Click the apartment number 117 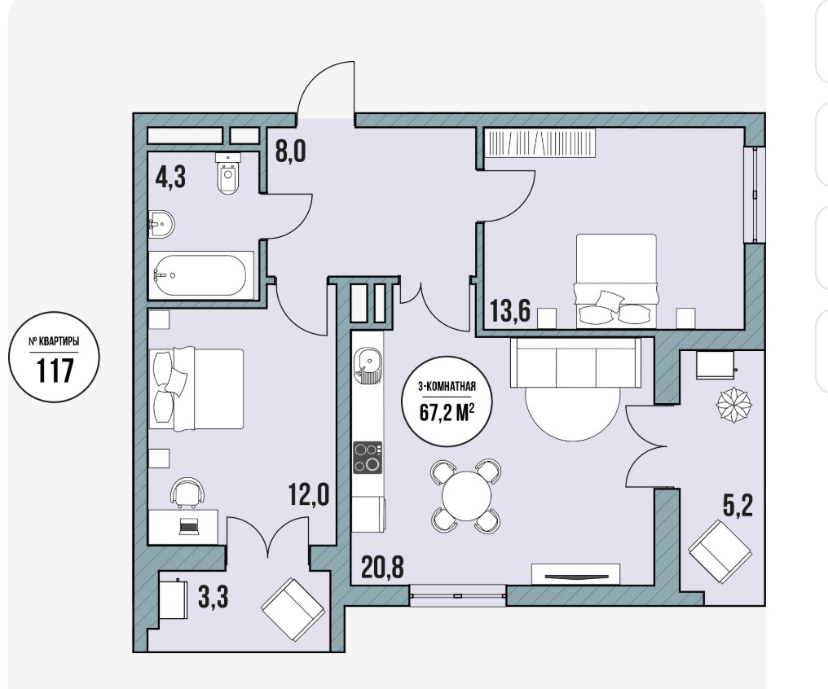click(x=55, y=370)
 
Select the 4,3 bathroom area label click(x=170, y=177)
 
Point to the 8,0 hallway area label click(x=290, y=151)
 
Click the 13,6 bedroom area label click(x=510, y=310)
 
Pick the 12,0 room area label click(x=309, y=495)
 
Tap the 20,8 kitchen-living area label click(x=383, y=567)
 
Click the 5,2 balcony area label click(x=738, y=507)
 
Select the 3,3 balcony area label click(x=213, y=597)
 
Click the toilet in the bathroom click(x=228, y=173)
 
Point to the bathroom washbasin click(x=161, y=224)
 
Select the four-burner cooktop click(x=368, y=458)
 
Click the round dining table click(x=466, y=496)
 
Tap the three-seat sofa click(x=575, y=363)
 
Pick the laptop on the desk click(x=188, y=526)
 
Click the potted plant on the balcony click(x=734, y=405)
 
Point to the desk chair click(x=187, y=493)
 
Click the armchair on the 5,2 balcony click(x=720, y=551)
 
